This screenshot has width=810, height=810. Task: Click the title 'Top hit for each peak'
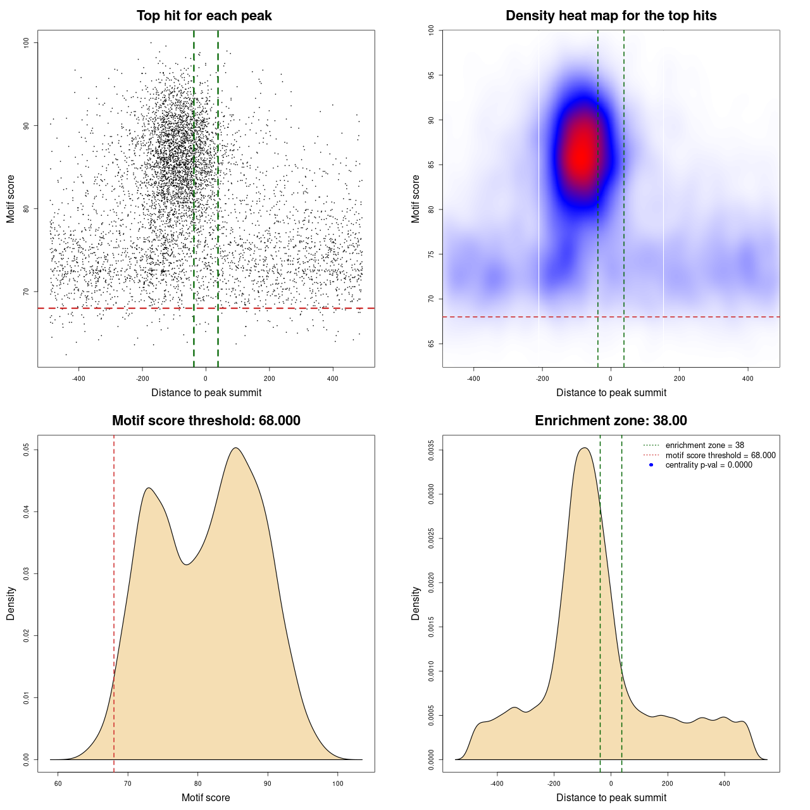click(204, 16)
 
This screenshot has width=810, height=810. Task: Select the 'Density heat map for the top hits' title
click(611, 16)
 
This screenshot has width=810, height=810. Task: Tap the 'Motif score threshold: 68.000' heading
click(206, 421)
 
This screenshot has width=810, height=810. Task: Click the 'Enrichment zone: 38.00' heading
click(611, 421)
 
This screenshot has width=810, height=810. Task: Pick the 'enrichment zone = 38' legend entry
click(704, 445)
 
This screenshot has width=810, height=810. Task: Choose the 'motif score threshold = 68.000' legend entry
click(720, 455)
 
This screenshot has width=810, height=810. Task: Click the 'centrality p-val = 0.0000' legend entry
click(709, 464)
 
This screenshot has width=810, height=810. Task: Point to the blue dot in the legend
click(651, 464)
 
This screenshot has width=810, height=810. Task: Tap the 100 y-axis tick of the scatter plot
click(26, 42)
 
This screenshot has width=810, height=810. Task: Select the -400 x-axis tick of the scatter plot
click(78, 378)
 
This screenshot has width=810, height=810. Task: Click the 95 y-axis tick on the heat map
click(431, 75)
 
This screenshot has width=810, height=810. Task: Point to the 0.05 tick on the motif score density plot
click(26, 449)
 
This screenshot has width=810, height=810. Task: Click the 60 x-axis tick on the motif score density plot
click(58, 783)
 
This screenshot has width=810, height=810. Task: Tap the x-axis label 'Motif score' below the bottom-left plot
click(206, 797)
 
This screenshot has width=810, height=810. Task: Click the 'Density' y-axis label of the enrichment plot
click(416, 603)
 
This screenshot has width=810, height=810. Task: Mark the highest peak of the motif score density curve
click(235, 448)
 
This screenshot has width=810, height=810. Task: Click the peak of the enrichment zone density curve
click(585, 448)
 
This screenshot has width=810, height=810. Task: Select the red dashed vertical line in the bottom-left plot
click(114, 601)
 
